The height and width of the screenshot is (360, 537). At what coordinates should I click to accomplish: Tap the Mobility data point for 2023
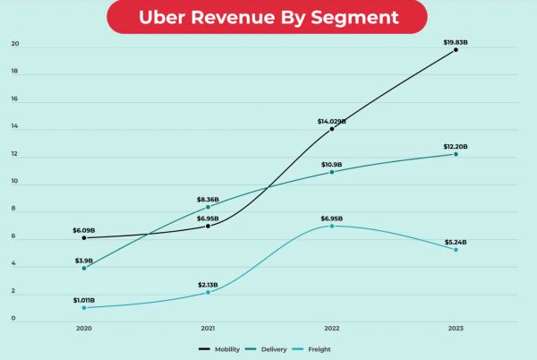(x=456, y=49)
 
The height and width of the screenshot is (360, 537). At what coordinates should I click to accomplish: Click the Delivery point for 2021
(x=209, y=207)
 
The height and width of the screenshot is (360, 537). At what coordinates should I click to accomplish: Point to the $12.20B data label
(x=456, y=146)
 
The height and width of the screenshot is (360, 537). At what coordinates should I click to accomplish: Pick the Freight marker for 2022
(x=332, y=226)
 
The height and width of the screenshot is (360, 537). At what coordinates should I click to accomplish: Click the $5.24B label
(x=456, y=242)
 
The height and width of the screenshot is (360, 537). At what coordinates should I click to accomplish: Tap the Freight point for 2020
(x=84, y=307)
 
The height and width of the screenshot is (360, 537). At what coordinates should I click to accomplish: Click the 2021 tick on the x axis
(x=208, y=329)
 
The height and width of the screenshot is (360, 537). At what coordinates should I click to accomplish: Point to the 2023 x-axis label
(x=456, y=329)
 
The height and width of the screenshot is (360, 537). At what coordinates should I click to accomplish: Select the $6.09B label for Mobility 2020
(x=84, y=230)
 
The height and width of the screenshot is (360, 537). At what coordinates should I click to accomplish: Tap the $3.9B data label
(x=84, y=260)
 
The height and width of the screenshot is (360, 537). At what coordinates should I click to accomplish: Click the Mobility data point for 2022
(x=332, y=129)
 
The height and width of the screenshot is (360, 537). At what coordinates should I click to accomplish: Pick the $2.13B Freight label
(x=209, y=284)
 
